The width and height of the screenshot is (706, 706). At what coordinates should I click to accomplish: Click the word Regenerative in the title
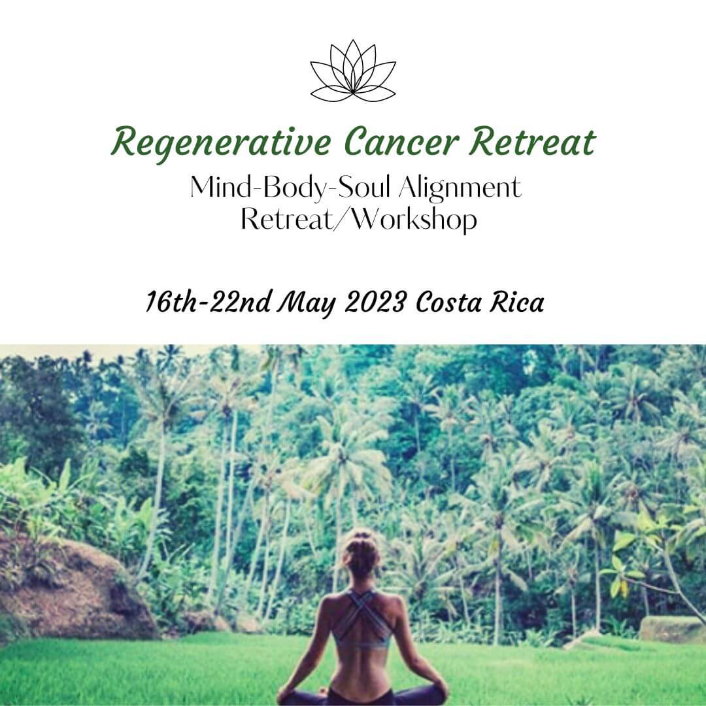pos(221,143)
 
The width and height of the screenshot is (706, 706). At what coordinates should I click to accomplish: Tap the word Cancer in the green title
pos(401,141)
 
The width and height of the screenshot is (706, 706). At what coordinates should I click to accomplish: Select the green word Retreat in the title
pos(533,141)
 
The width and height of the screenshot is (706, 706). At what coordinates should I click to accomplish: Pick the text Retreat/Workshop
pos(359,220)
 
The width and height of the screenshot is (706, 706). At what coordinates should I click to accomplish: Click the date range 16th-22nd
pos(209,301)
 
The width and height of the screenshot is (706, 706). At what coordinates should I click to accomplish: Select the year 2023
pos(375,301)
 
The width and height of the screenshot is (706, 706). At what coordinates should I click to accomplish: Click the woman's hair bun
pos(361,537)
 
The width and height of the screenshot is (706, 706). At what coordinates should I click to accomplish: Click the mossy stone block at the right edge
pos(672,629)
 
